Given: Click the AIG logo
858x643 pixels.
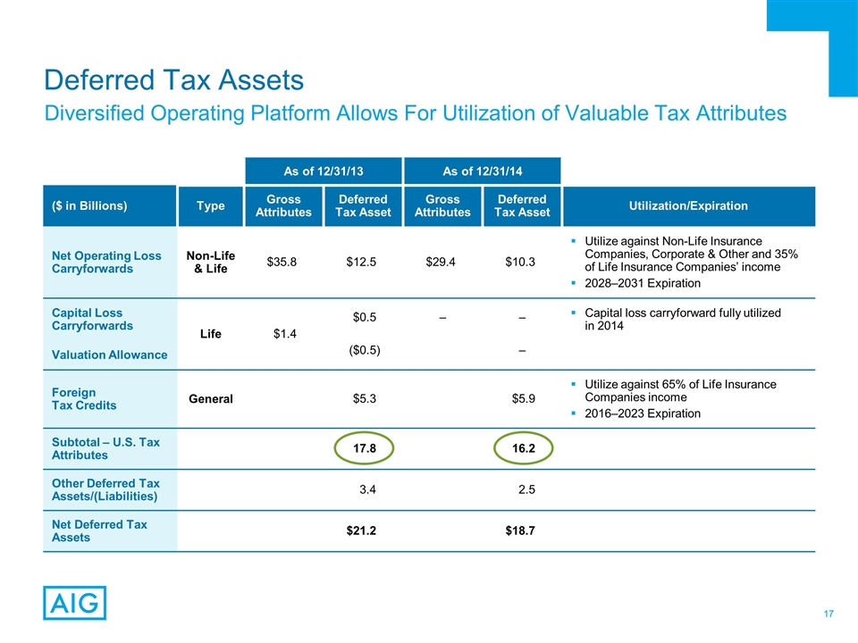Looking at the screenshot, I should (74, 603).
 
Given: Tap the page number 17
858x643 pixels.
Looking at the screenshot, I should (829, 614).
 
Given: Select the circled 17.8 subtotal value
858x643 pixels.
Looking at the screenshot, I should (364, 448).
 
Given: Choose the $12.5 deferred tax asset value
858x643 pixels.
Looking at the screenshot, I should (364, 262).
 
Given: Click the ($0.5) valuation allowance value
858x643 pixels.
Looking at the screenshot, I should (364, 349).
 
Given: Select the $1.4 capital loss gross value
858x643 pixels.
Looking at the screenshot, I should (284, 333).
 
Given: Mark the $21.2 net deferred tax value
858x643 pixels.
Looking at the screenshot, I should (361, 530).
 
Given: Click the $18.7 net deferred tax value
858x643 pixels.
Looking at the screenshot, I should (520, 530).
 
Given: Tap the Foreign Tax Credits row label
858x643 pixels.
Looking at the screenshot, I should (86, 399).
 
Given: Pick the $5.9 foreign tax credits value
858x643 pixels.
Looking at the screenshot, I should (522, 399).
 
